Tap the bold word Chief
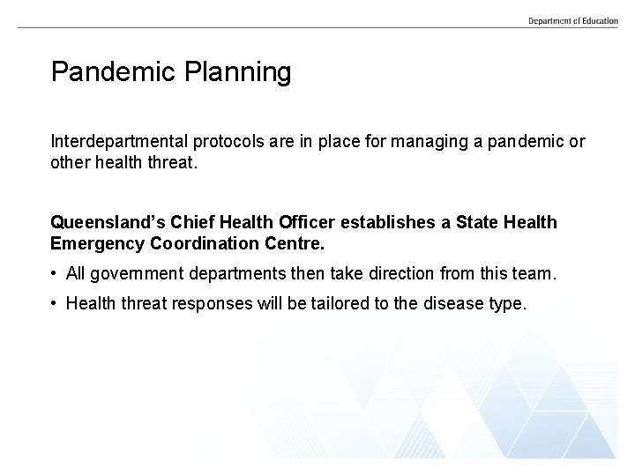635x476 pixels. pos(187,222)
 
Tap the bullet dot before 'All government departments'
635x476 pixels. pos(56,274)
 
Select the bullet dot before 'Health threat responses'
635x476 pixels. pos(56,304)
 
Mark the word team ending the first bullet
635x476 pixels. pos(535,274)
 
